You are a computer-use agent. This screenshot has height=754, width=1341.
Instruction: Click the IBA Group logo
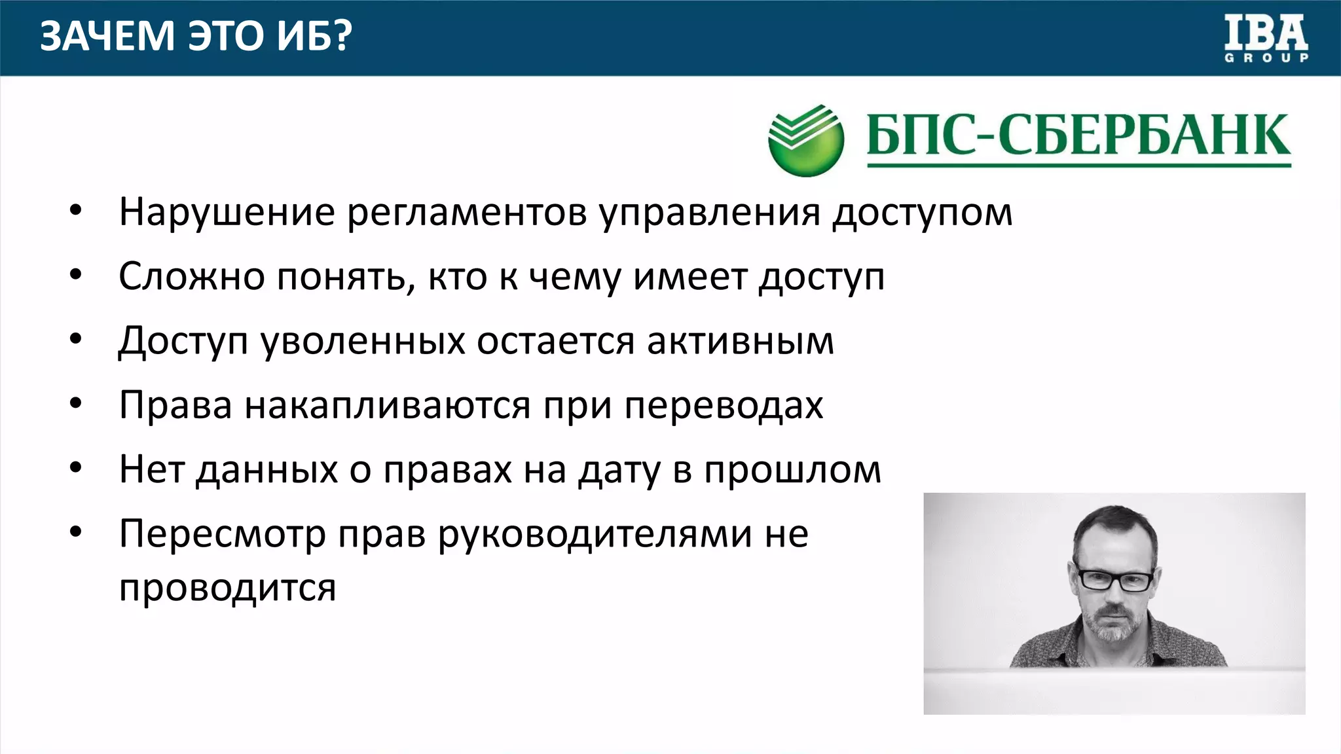[x=1266, y=39]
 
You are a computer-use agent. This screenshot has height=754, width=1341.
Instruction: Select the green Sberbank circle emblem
[x=805, y=139]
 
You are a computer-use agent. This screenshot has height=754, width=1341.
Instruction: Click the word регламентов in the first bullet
[x=467, y=213]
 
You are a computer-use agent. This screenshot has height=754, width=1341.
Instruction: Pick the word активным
[x=741, y=342]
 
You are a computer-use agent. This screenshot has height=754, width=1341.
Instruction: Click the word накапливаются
[x=387, y=406]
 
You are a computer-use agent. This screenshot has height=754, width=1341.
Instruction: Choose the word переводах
[x=724, y=406]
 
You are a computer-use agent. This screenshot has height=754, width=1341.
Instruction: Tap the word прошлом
[x=792, y=470]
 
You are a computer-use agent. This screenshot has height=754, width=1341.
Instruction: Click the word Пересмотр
[x=223, y=535]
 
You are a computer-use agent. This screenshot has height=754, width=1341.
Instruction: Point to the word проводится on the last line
[x=227, y=588]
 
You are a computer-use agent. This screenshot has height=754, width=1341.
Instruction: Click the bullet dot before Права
[x=76, y=404]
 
